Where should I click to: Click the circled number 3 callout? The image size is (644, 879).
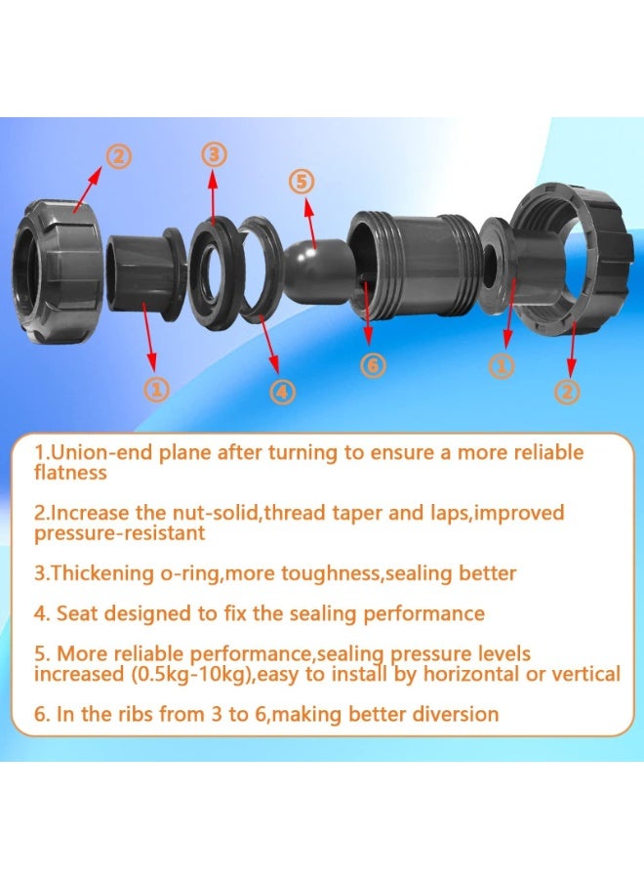click(x=216, y=154)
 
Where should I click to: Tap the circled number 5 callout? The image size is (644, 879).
click(x=302, y=182)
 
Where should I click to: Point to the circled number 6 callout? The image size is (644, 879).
click(x=374, y=365)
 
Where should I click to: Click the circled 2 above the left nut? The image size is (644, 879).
click(x=119, y=155)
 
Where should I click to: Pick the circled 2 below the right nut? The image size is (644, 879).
click(x=567, y=391)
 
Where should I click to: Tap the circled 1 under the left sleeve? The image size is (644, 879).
click(x=157, y=389)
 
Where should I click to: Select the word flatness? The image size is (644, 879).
click(x=70, y=473)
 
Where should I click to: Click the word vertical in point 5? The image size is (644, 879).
click(x=586, y=674)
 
